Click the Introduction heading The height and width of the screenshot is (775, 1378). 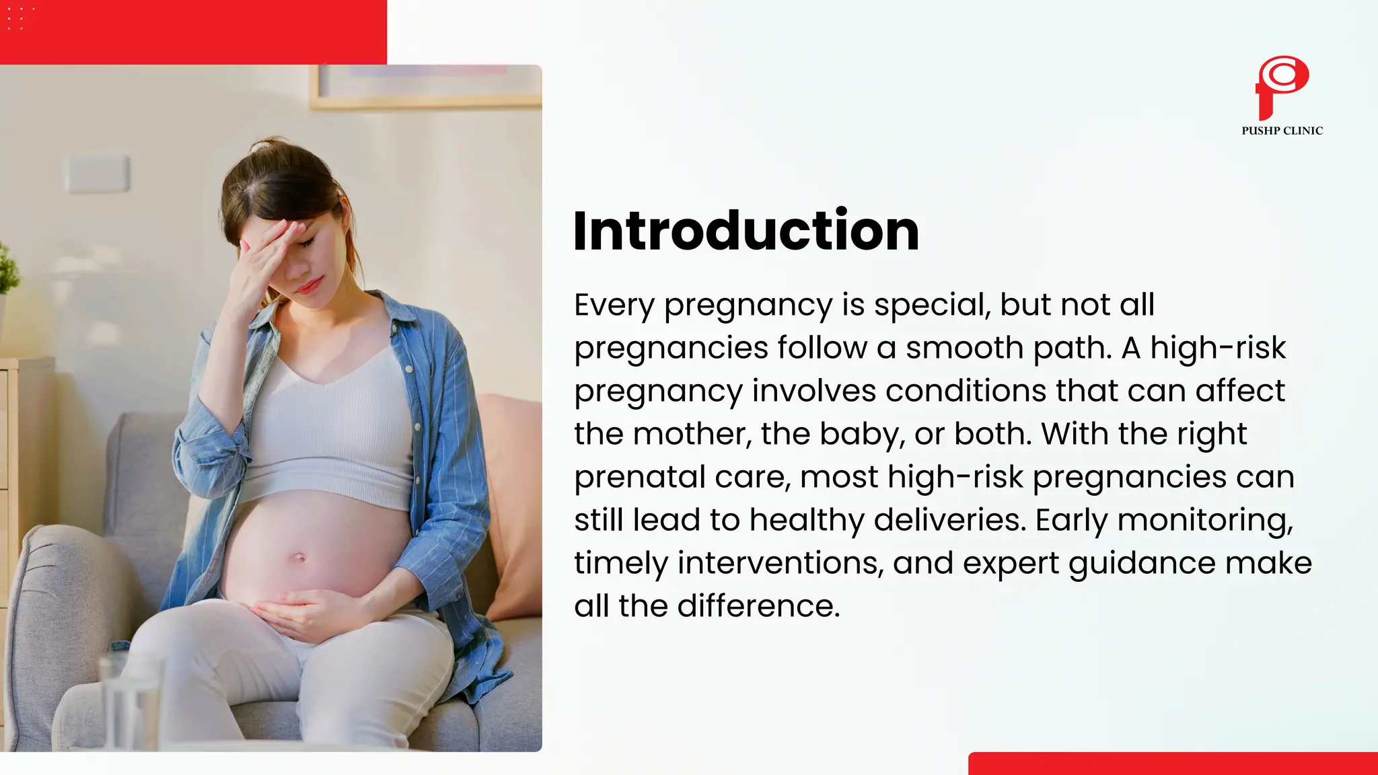(x=746, y=231)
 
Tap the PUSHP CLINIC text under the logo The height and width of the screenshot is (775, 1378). (x=1282, y=131)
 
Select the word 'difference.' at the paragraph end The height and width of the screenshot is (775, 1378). (x=758, y=607)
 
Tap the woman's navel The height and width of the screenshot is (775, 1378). (x=300, y=558)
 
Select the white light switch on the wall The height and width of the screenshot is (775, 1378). (x=98, y=174)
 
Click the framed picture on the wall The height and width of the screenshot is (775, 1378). (x=425, y=86)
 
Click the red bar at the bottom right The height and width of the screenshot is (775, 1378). (x=1172, y=764)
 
